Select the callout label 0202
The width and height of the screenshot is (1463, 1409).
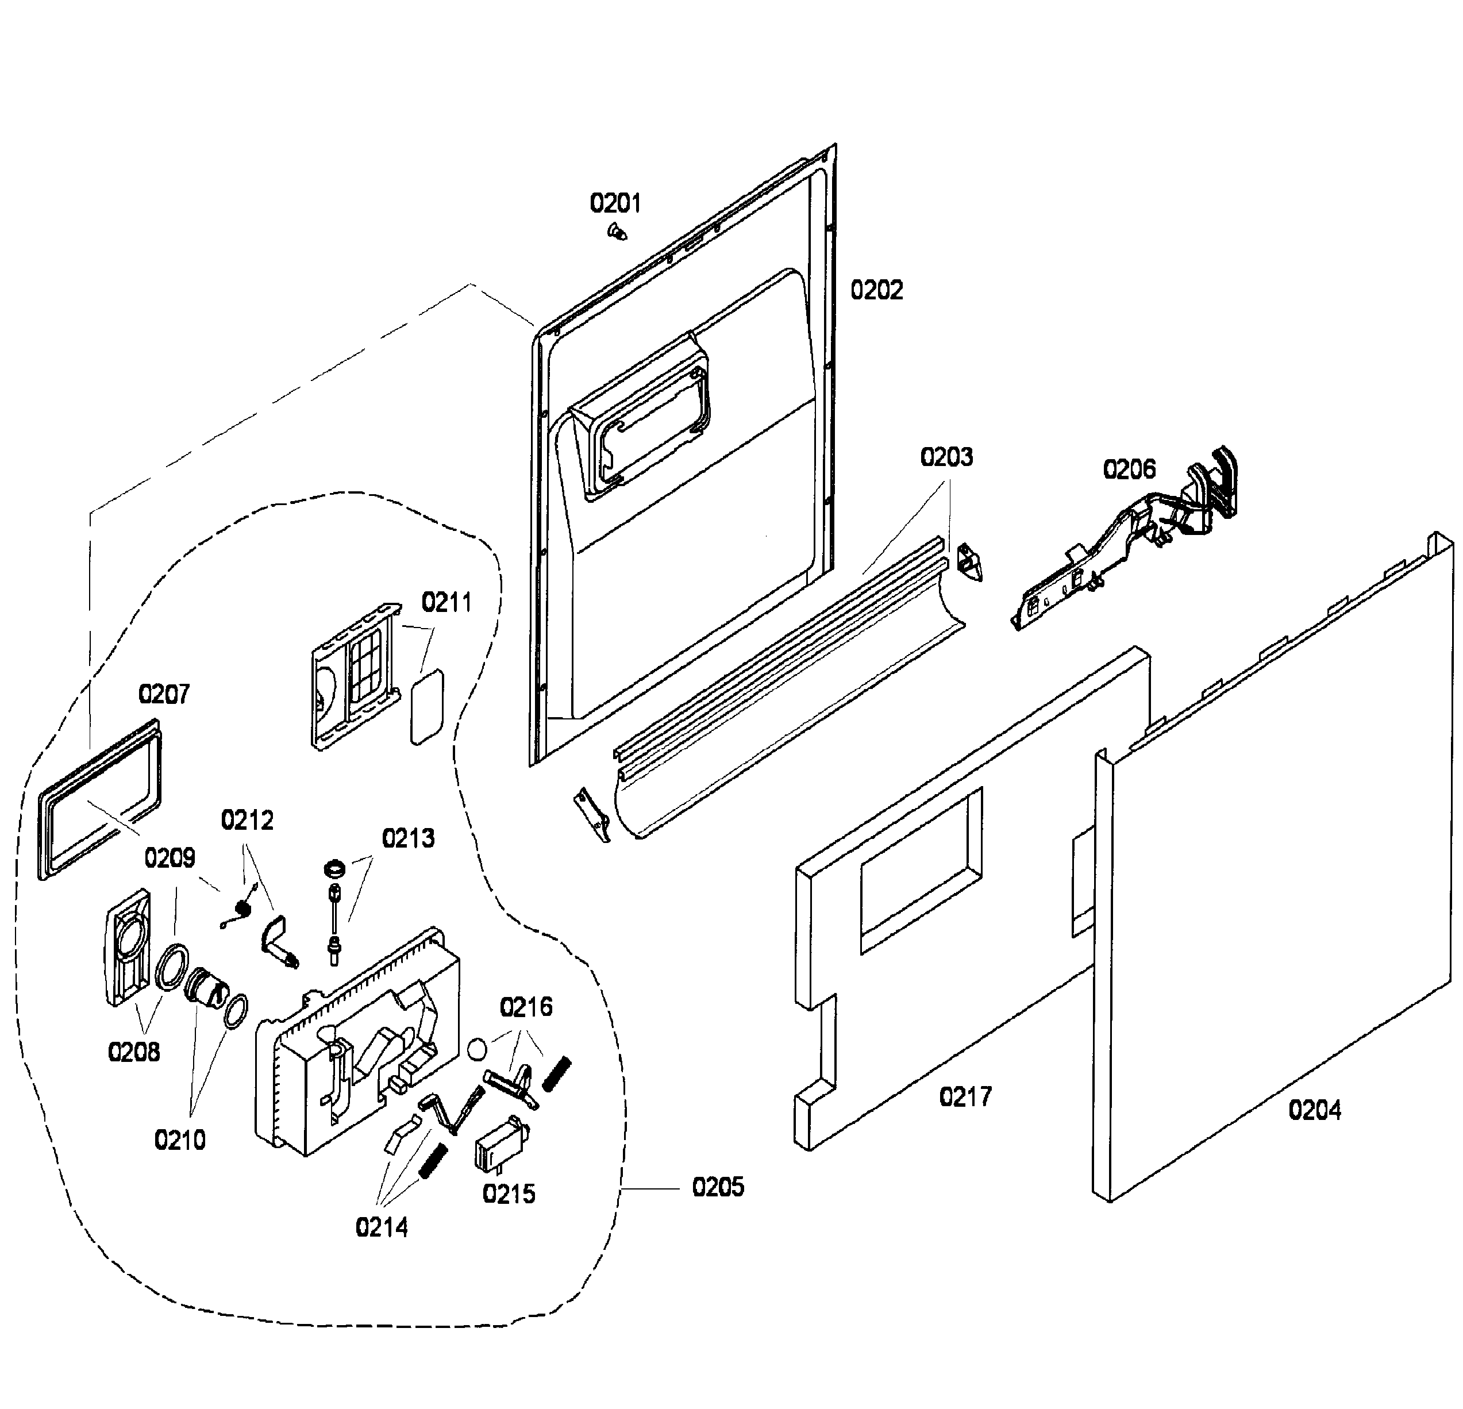pos(876,290)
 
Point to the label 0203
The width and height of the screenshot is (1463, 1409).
pos(946,457)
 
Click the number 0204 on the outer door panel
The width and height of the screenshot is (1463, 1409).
pos(1315,1111)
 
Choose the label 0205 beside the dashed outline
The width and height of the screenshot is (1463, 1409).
pos(718,1187)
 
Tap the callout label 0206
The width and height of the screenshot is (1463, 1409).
pos(1129,469)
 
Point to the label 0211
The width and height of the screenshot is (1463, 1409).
pos(446,602)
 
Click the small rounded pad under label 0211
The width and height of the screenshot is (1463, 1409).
pos(427,706)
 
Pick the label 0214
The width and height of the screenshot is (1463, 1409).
pos(382,1227)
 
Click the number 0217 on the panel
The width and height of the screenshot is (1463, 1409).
pos(965,1097)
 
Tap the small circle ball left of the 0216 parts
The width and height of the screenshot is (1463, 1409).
pos(477,1049)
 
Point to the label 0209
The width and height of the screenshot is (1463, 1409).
pos(170,859)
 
